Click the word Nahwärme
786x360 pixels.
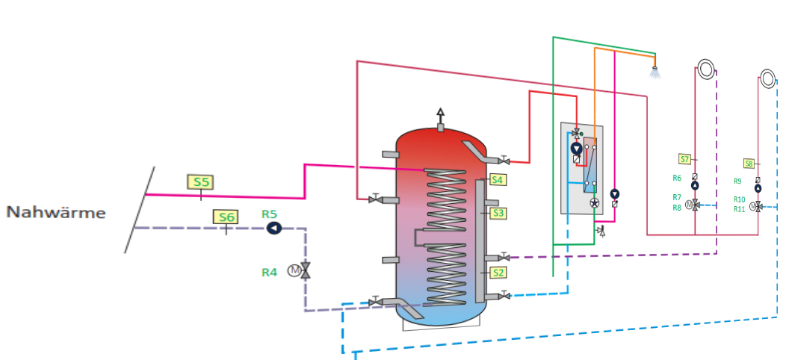(x=56, y=213)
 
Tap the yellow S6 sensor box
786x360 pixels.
(x=226, y=217)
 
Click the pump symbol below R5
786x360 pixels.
(x=273, y=229)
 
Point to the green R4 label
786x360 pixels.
(x=269, y=273)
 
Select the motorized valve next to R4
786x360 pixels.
(x=305, y=270)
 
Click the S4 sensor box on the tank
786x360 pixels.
(x=498, y=179)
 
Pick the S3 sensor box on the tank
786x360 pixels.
(x=498, y=213)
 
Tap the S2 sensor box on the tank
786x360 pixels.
(x=498, y=273)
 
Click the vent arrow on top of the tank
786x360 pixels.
(x=440, y=114)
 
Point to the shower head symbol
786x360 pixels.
(x=655, y=72)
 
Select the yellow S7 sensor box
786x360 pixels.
(x=684, y=158)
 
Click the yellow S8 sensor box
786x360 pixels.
(x=749, y=163)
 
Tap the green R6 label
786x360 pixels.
(x=677, y=178)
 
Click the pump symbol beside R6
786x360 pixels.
(x=695, y=185)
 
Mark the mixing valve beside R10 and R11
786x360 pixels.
(x=758, y=205)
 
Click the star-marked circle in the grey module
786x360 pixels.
(x=595, y=202)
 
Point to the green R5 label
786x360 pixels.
(x=270, y=214)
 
